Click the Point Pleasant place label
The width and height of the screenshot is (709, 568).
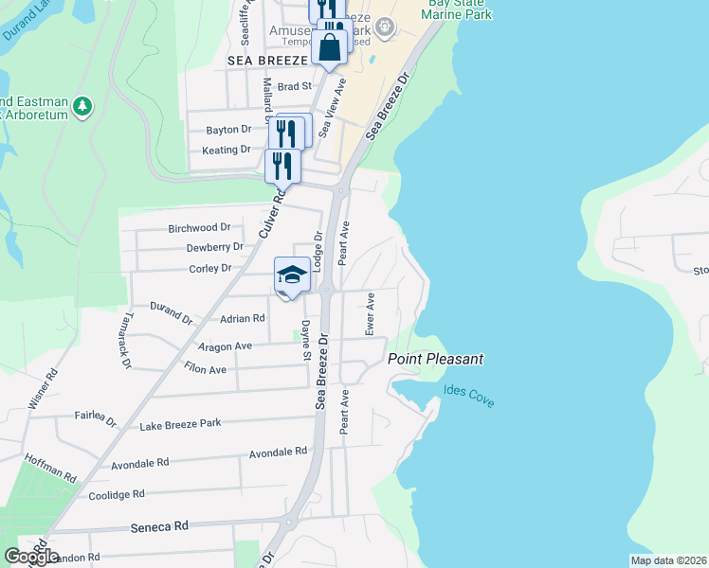click(435, 360)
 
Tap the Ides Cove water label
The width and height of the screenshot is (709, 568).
click(468, 397)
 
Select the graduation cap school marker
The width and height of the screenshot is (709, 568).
click(293, 276)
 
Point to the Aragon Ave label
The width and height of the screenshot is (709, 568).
click(224, 347)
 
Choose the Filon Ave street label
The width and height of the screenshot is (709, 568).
click(206, 369)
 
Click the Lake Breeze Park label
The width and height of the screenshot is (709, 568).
click(180, 424)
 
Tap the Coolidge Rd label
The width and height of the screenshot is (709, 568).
click(116, 494)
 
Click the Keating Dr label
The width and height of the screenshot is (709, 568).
click(227, 150)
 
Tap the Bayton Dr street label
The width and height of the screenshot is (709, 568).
click(228, 130)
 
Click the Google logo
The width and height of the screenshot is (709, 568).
click(31, 557)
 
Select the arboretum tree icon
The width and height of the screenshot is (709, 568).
click(83, 105)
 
